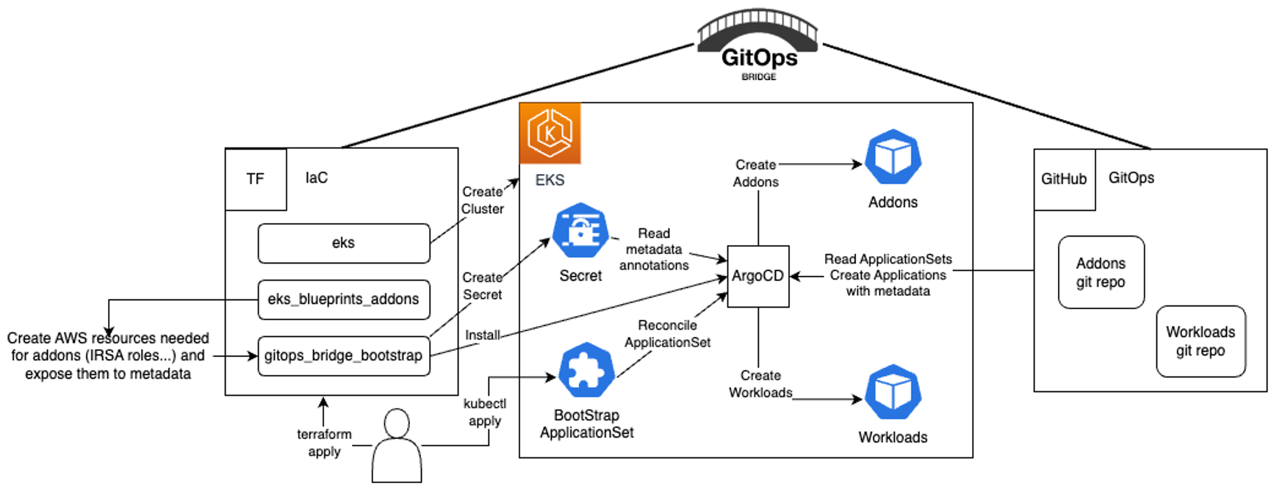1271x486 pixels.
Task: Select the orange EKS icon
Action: pyautogui.click(x=550, y=133)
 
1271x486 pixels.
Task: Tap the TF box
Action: pyautogui.click(x=255, y=179)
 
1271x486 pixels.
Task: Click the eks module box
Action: pyautogui.click(x=343, y=243)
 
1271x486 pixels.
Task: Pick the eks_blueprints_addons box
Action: pyautogui.click(x=343, y=300)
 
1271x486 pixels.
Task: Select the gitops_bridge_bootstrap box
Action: pyautogui.click(x=343, y=356)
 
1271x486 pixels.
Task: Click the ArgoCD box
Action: pyautogui.click(x=757, y=276)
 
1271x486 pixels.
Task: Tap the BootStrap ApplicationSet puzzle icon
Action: pyautogui.click(x=586, y=370)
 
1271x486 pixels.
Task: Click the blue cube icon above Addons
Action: pyautogui.click(x=893, y=157)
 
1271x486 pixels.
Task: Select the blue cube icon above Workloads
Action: pyautogui.click(x=893, y=392)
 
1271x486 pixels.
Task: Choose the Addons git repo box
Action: pyautogui.click(x=1101, y=272)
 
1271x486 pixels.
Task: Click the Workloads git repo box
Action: pyautogui.click(x=1200, y=341)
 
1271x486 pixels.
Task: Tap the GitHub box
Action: pyautogui.click(x=1064, y=179)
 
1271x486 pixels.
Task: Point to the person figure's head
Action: pyautogui.click(x=397, y=424)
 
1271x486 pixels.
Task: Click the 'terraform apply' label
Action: pyautogui.click(x=324, y=443)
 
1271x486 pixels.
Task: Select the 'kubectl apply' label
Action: pyautogui.click(x=485, y=412)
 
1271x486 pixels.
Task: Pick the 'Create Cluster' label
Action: pyautogui.click(x=483, y=200)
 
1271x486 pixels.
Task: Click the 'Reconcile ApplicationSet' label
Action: pyautogui.click(x=667, y=333)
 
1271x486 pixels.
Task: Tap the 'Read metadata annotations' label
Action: pyautogui.click(x=654, y=249)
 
